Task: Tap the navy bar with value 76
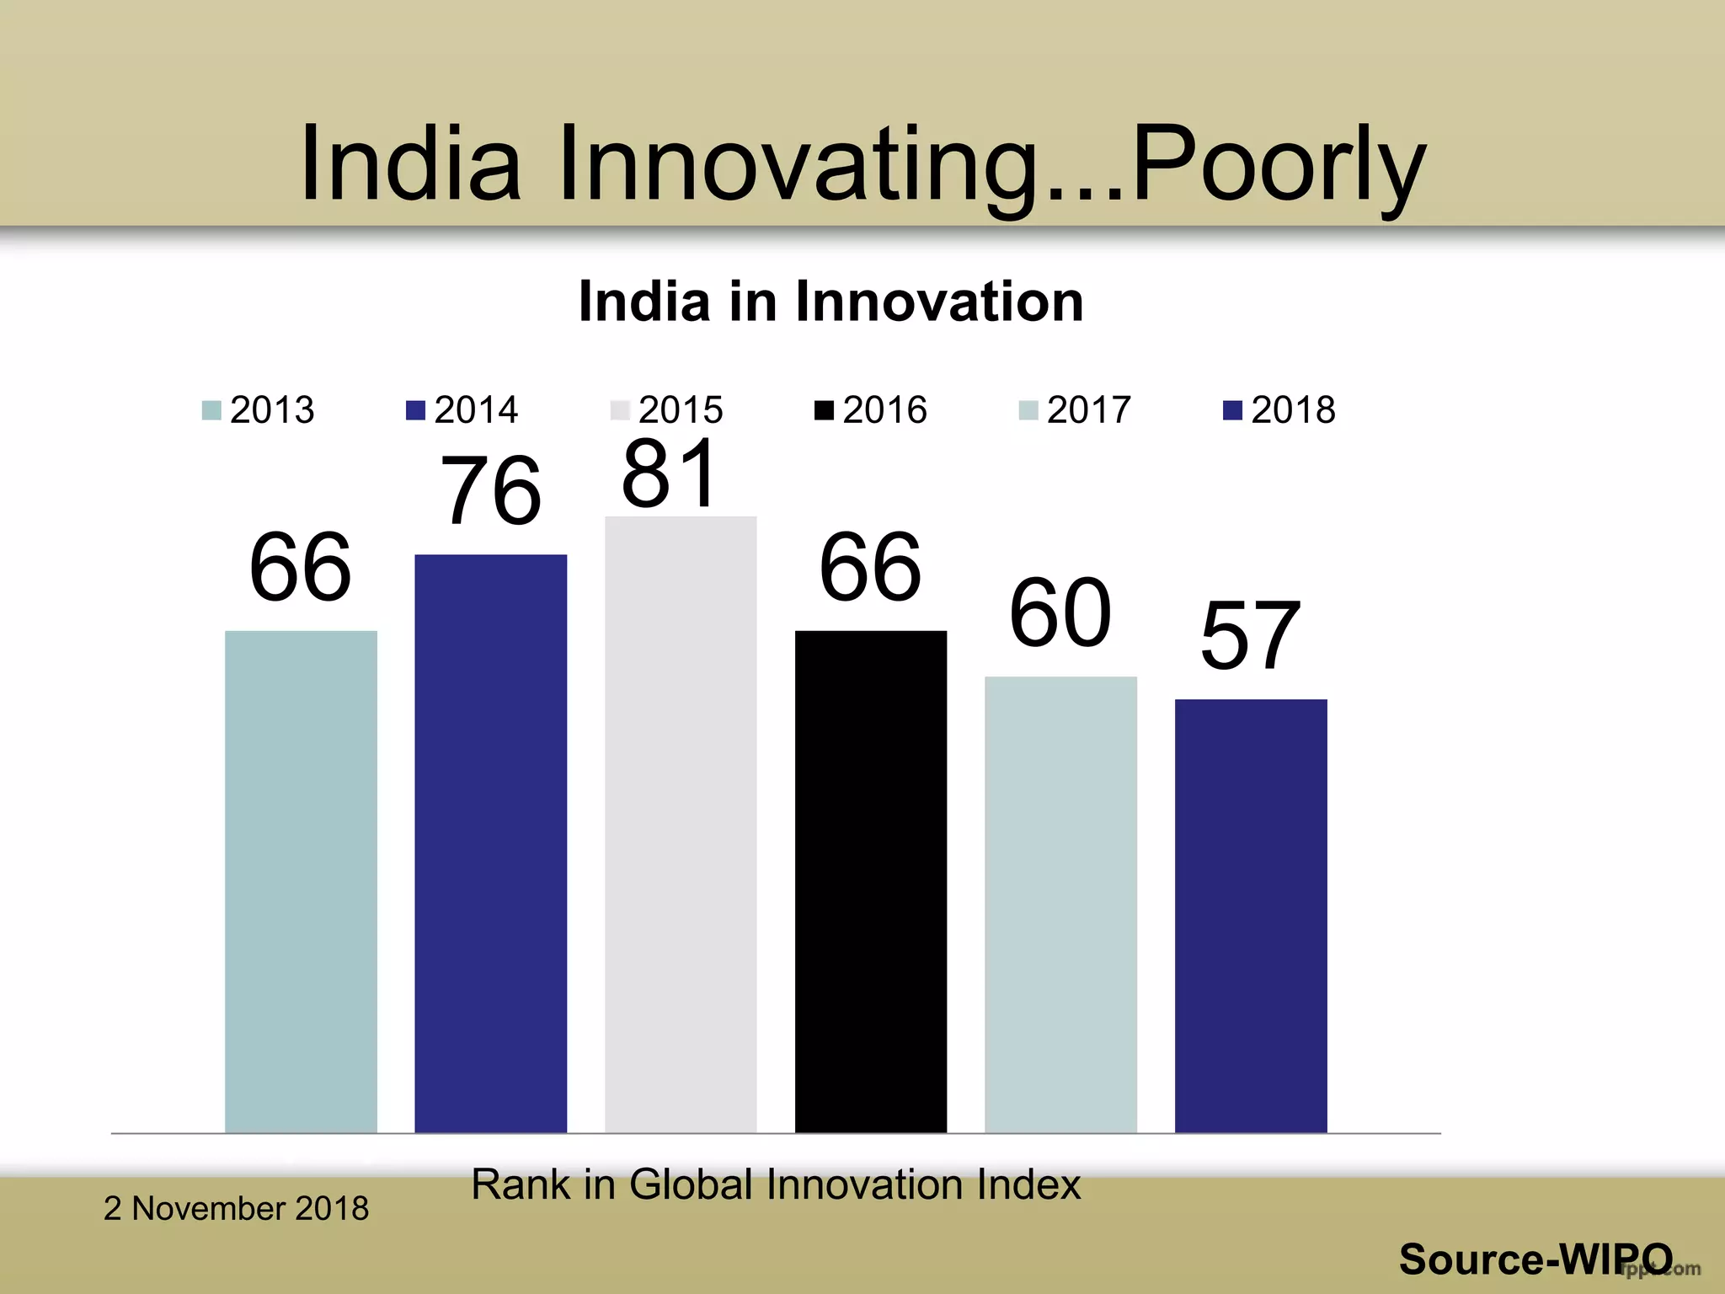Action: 490,842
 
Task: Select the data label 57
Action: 1251,636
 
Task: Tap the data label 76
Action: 490,490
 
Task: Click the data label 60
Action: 1060,613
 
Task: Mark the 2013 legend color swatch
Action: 211,411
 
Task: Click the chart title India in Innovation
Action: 830,302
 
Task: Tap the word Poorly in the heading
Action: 1279,163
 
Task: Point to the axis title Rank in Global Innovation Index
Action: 775,1184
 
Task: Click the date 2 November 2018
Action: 236,1209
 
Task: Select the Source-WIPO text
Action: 1535,1259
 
